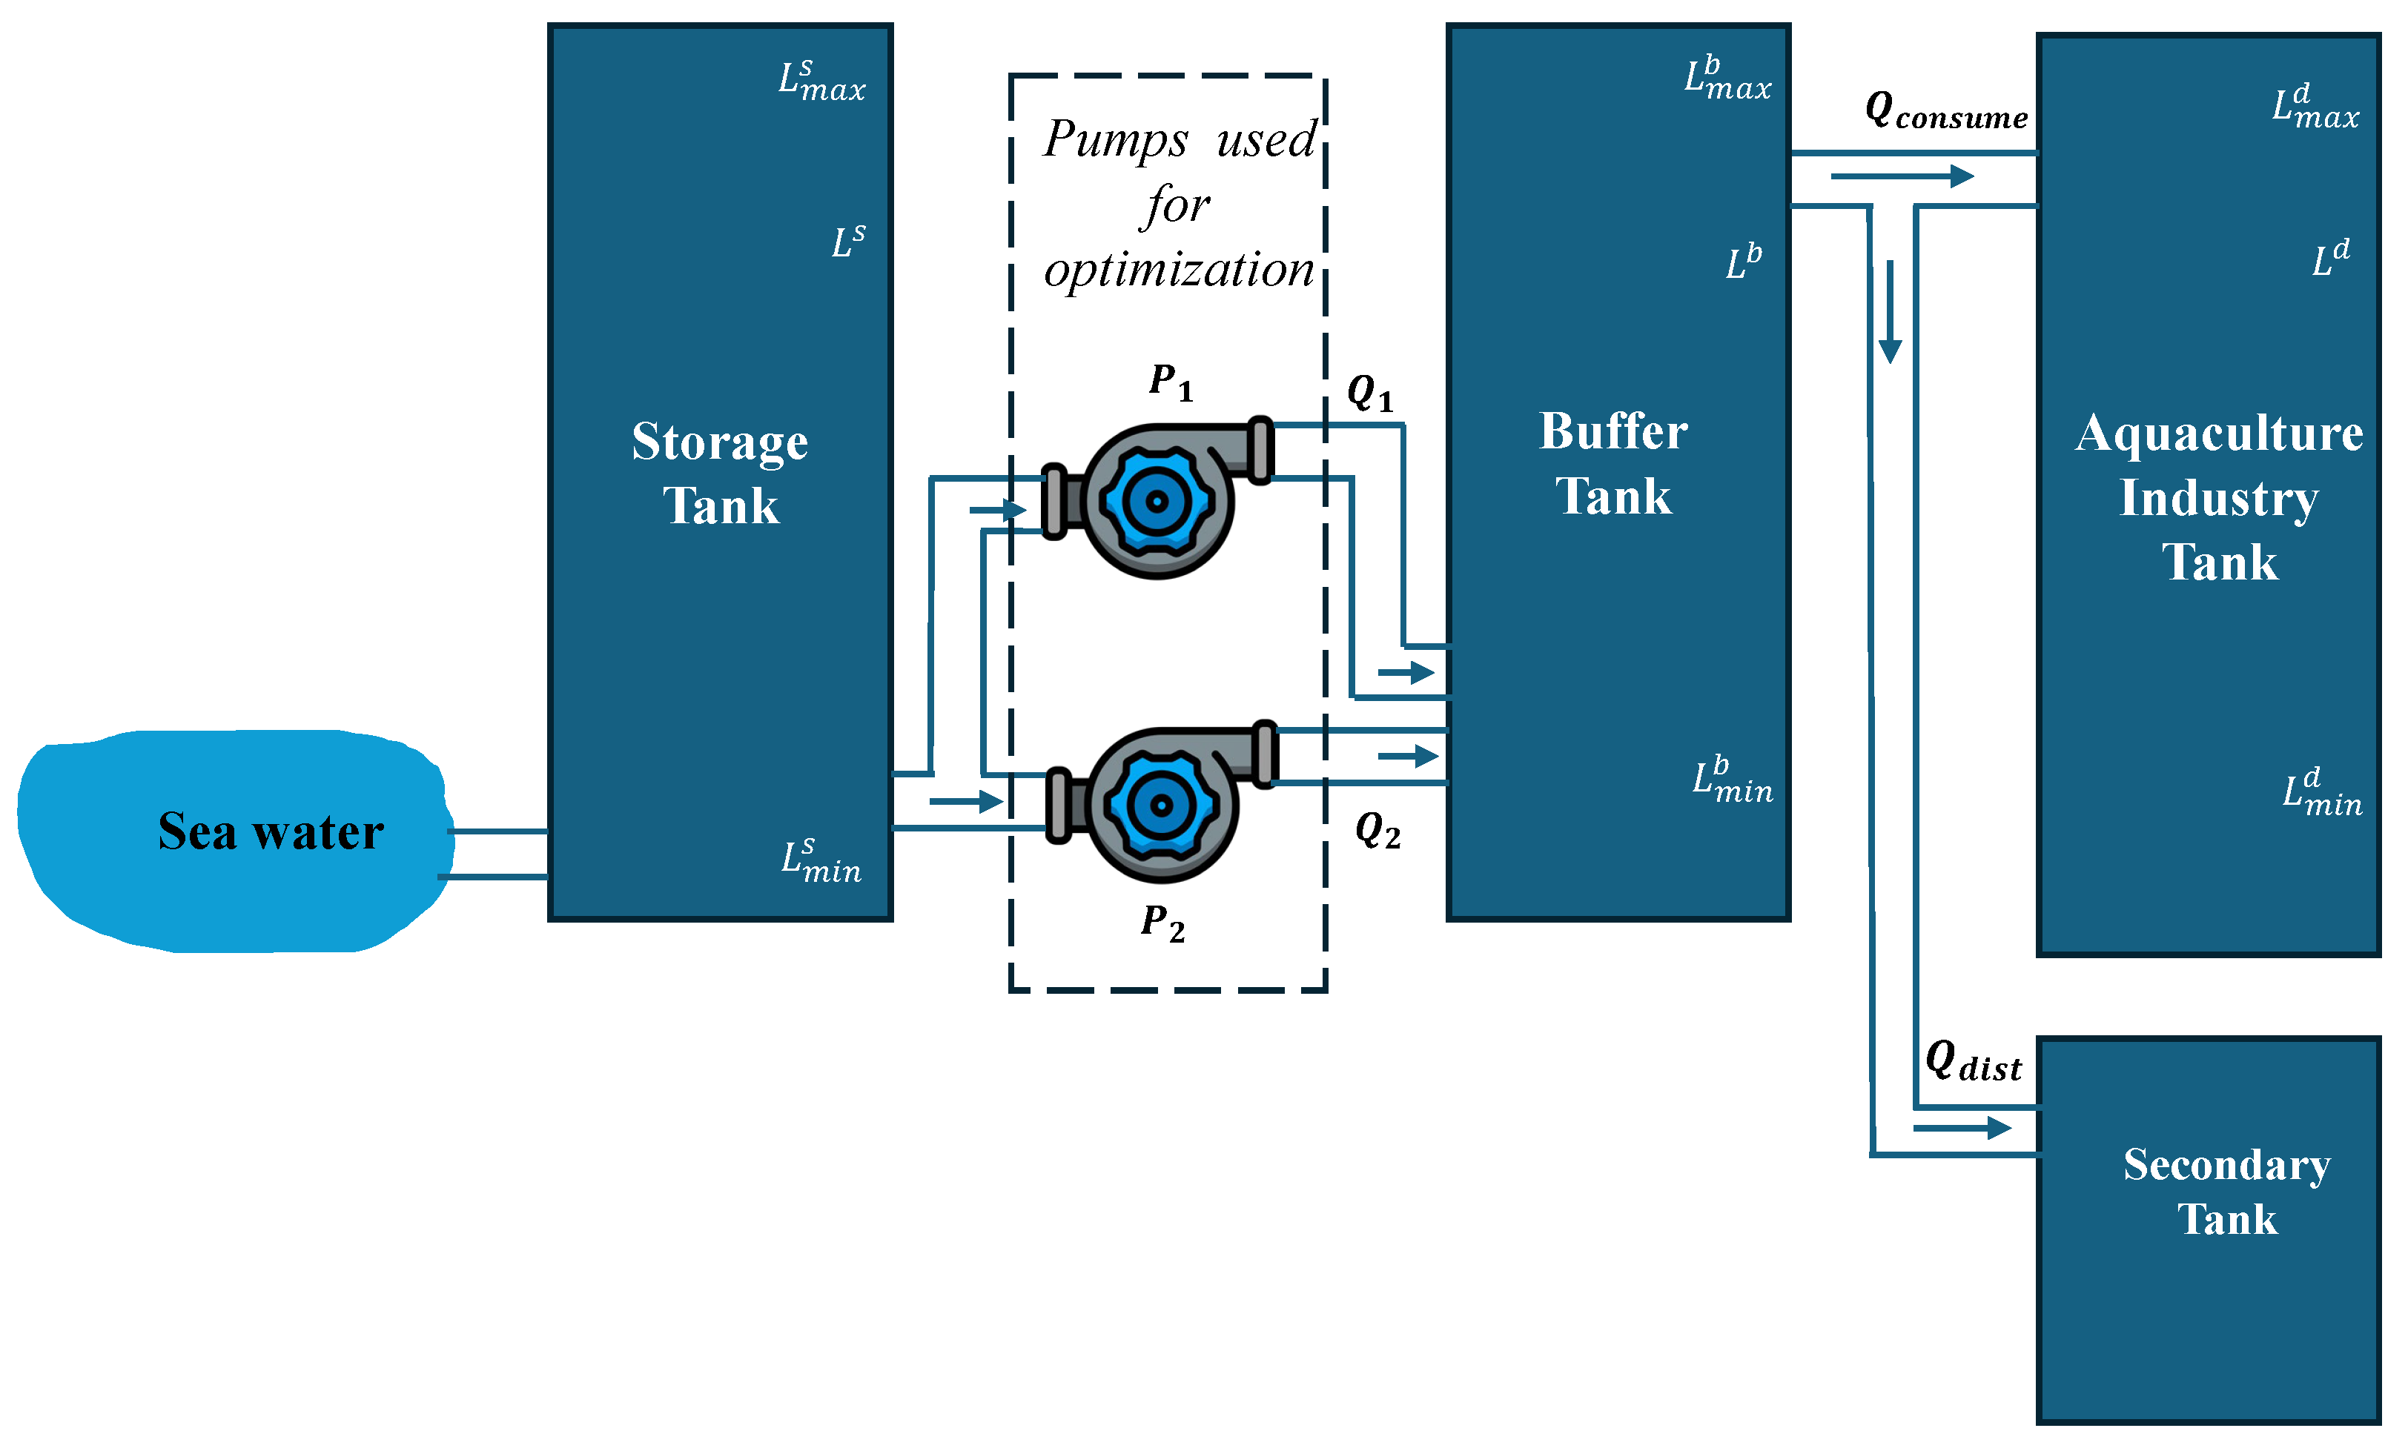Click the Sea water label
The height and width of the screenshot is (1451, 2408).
(271, 831)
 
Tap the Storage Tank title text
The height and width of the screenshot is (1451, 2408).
(721, 474)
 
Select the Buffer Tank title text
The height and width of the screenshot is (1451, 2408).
(1613, 463)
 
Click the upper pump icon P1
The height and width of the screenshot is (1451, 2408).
(1158, 498)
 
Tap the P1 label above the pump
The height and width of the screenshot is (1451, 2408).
(1171, 382)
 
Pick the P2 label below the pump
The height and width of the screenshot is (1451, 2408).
(1163, 923)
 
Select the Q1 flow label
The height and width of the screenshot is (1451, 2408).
(1370, 394)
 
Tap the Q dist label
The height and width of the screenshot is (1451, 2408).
(1973, 1061)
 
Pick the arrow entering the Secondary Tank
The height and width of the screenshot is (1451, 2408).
(1962, 1129)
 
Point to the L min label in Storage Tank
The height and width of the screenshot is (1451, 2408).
(821, 861)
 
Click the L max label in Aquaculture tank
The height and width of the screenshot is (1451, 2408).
(2315, 107)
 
